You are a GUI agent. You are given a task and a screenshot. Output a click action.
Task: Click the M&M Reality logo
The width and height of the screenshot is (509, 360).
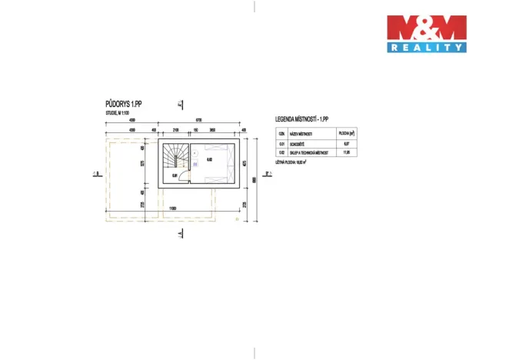(426, 34)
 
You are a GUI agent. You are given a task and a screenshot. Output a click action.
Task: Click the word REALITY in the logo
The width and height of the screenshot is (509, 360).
(426, 47)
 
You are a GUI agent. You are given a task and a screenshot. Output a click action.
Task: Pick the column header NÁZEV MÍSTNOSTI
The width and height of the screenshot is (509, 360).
(304, 133)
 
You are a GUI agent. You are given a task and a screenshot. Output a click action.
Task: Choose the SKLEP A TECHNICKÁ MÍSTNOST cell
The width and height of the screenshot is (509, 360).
(308, 153)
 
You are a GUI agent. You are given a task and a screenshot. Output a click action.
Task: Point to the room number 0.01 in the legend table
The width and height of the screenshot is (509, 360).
(281, 144)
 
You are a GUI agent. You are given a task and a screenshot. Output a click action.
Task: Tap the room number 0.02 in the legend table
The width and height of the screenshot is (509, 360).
(281, 153)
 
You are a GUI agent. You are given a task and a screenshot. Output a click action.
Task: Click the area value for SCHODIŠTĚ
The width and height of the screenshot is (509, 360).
(346, 144)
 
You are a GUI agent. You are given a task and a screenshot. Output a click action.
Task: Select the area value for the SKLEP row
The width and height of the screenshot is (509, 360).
(346, 153)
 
